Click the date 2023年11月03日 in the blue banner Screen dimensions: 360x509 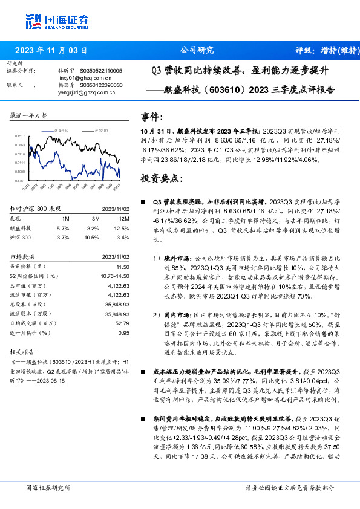click(51, 50)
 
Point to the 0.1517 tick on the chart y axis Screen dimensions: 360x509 click(20, 137)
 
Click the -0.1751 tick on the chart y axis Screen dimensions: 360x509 click(20, 180)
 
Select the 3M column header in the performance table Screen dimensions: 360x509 click(94, 218)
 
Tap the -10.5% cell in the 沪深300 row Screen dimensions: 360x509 click(91, 237)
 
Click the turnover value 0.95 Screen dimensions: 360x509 click(123, 333)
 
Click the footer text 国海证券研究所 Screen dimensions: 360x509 click(48, 488)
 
